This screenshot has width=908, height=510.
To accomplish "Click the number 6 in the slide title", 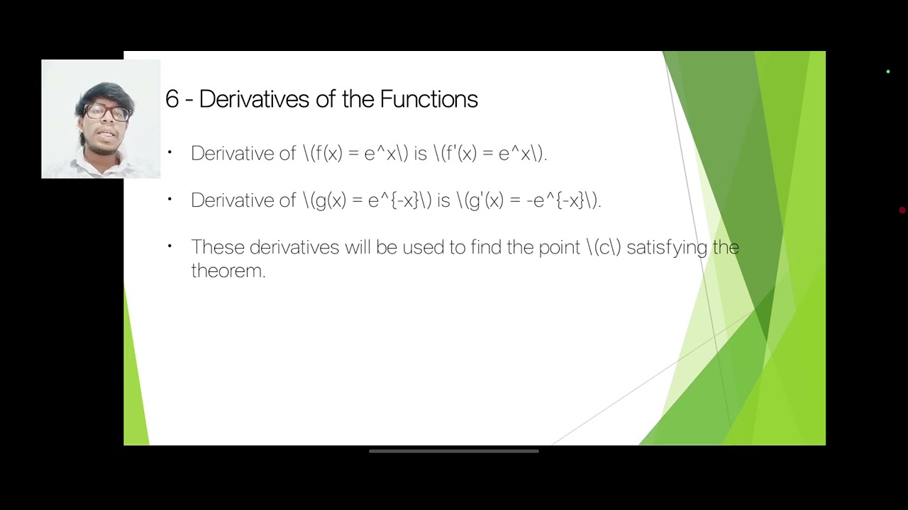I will [x=172, y=99].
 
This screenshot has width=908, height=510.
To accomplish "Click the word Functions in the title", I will [x=428, y=99].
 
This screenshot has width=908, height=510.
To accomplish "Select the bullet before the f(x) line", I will [x=170, y=152].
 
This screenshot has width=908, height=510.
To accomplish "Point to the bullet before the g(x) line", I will [x=170, y=199].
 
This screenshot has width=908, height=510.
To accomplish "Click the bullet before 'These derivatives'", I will [x=170, y=246].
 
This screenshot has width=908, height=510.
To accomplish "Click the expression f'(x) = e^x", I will [x=489, y=153].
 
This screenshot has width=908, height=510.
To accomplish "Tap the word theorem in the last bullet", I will [x=227, y=271].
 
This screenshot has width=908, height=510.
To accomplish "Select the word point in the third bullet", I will [x=560, y=247].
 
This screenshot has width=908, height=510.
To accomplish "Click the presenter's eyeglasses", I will [x=107, y=113].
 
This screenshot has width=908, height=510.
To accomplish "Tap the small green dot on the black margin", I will [x=887, y=72].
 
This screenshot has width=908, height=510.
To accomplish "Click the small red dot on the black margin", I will [x=902, y=210].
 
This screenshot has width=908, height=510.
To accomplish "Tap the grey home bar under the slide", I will [x=454, y=451].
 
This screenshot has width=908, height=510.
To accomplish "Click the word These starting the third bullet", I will [x=218, y=247].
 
